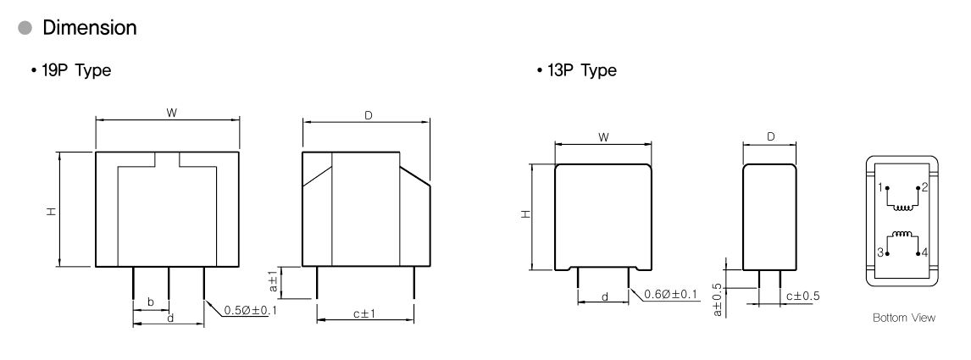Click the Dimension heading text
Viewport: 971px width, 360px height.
[90, 28]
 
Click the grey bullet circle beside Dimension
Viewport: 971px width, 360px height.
[25, 28]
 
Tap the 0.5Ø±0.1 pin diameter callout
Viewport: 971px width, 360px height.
[250, 310]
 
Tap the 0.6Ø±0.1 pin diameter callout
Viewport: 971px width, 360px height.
[671, 295]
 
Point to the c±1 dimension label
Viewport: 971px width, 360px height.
[365, 314]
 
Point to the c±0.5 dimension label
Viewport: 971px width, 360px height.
[802, 296]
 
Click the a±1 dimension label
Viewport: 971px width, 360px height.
[273, 280]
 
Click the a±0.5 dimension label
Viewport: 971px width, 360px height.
[717, 300]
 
